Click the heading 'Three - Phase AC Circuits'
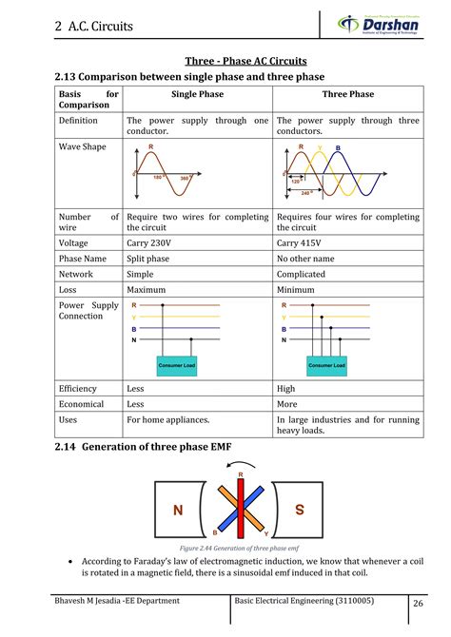click(225, 61)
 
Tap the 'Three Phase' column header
click(347, 94)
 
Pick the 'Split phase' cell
click(152, 258)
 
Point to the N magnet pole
click(177, 512)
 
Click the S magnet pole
click(299, 511)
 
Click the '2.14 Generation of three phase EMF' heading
click(143, 446)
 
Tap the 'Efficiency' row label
click(78, 389)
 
